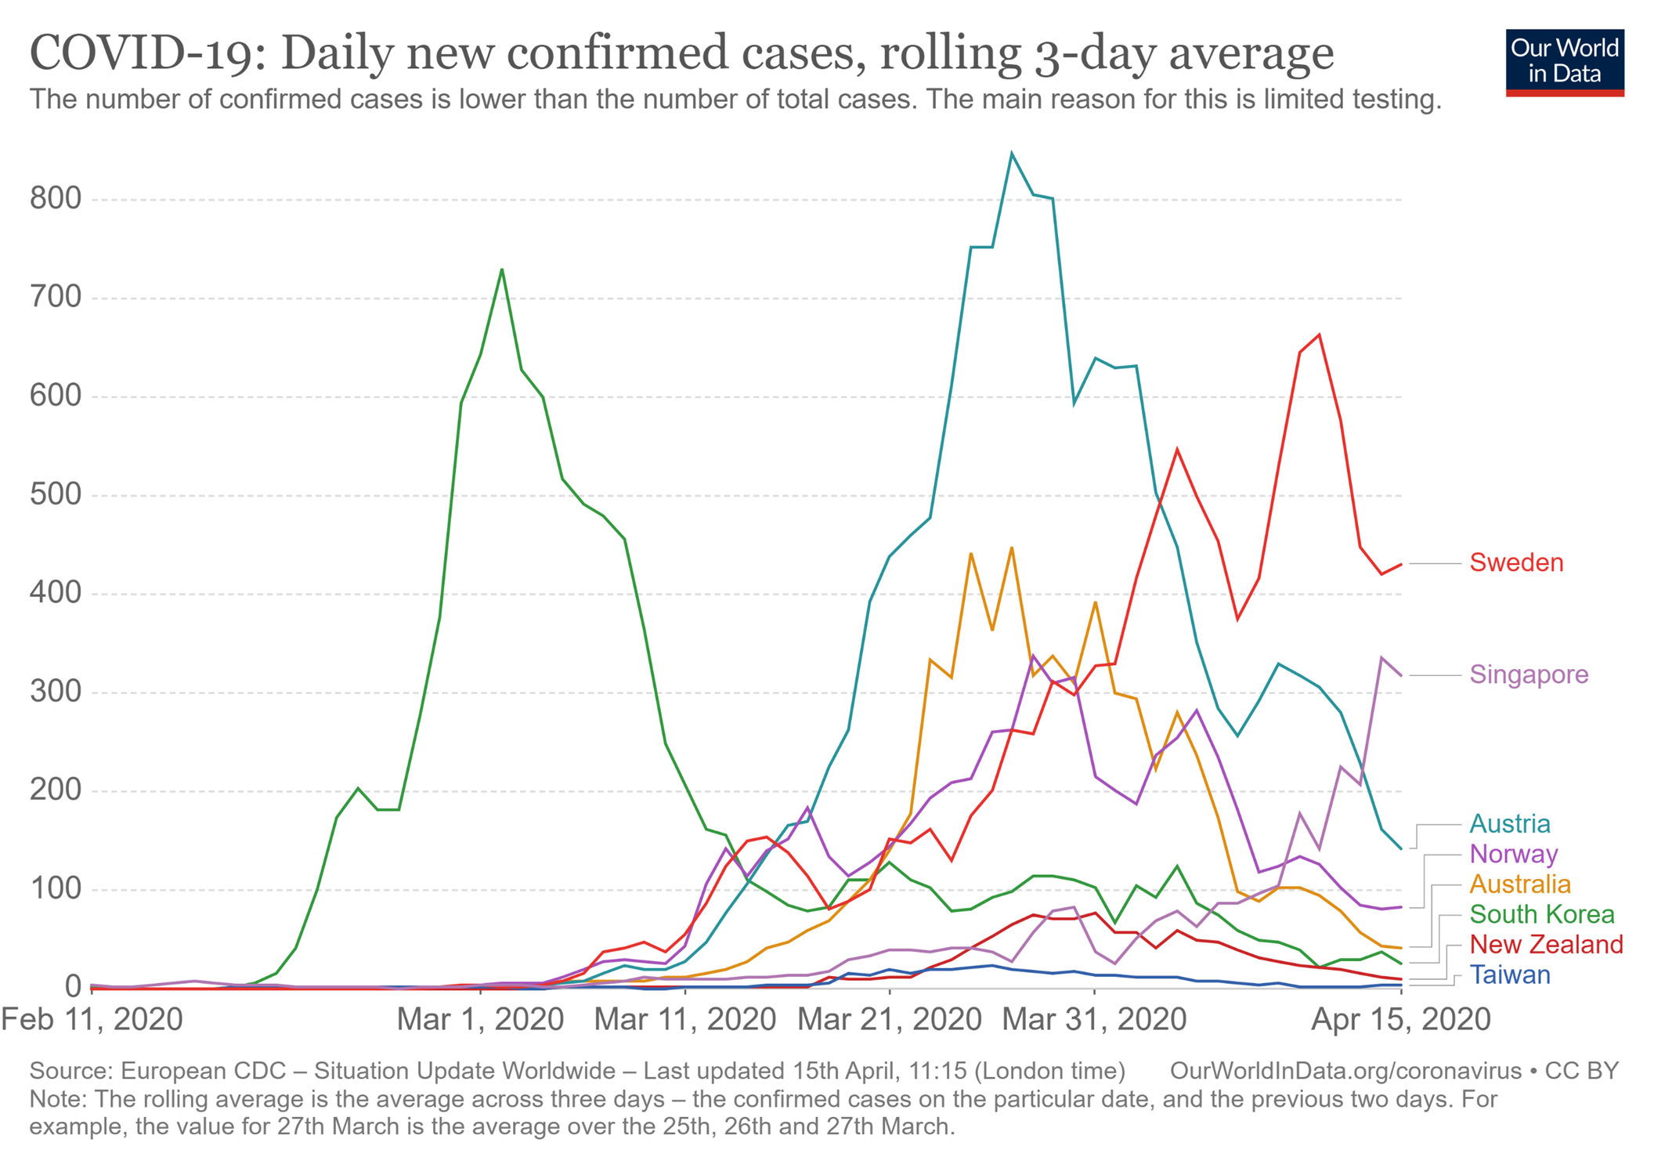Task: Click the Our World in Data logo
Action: coord(1564,62)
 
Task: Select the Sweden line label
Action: coord(1516,562)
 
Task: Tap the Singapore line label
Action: coord(1529,674)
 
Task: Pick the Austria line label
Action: coord(1509,823)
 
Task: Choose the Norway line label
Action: coord(1513,854)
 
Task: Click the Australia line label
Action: coord(1519,884)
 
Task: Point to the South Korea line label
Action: coord(1541,914)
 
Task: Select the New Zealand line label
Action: coord(1546,945)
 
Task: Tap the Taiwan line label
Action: coord(1509,975)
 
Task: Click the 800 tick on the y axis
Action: coord(56,199)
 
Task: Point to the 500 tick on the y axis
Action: coord(56,494)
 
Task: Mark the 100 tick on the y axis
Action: coord(56,888)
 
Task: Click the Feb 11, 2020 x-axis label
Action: coord(92,1020)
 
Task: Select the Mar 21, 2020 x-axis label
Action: coord(889,1020)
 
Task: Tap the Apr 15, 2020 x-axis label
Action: coord(1400,1020)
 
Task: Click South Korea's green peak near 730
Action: coord(502,269)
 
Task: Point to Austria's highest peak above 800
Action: coord(1011,154)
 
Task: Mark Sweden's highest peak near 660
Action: coord(1320,335)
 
